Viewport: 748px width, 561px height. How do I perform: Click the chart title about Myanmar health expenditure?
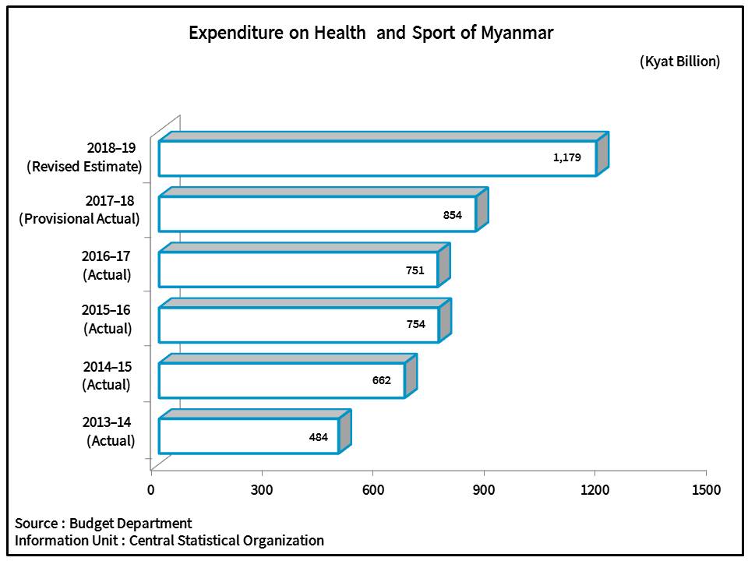371,34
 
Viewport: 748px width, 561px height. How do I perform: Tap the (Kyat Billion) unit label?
679,61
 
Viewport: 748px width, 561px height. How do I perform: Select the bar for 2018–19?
377,158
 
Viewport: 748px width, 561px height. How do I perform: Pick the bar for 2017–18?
317,213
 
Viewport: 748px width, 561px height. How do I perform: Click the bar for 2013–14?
249,436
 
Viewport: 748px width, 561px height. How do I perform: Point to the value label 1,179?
567,157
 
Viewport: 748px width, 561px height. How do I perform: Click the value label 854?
453,214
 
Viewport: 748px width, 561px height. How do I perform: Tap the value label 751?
415,270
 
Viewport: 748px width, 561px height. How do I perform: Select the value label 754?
415,324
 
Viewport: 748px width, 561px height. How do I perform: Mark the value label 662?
381,380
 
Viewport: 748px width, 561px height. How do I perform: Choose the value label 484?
318,437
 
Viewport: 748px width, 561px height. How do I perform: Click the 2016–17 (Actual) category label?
107,265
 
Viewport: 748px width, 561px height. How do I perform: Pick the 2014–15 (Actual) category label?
107,376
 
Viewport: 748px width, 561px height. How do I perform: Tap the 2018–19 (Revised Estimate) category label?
84,157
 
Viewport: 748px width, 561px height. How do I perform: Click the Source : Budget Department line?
103,523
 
